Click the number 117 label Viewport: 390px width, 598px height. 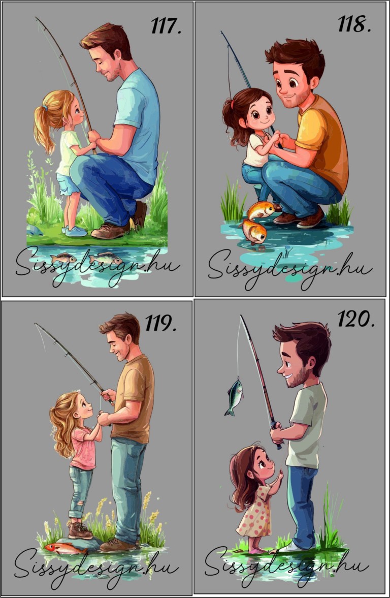[x=166, y=26]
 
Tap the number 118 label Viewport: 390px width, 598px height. [x=354, y=24]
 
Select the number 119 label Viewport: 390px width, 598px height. [x=160, y=323]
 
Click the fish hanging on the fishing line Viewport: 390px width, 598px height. [x=234, y=397]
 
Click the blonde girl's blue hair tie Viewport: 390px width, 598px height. [x=45, y=108]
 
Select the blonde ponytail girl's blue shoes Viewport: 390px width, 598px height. [x=74, y=231]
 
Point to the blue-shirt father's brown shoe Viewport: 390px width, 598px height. [x=110, y=231]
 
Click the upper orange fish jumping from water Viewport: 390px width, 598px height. [x=261, y=210]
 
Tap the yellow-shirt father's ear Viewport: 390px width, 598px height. [x=315, y=82]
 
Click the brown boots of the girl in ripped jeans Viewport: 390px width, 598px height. [x=80, y=530]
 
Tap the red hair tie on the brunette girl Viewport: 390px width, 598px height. [x=232, y=103]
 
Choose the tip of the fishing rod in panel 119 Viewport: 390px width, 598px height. [x=35, y=324]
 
